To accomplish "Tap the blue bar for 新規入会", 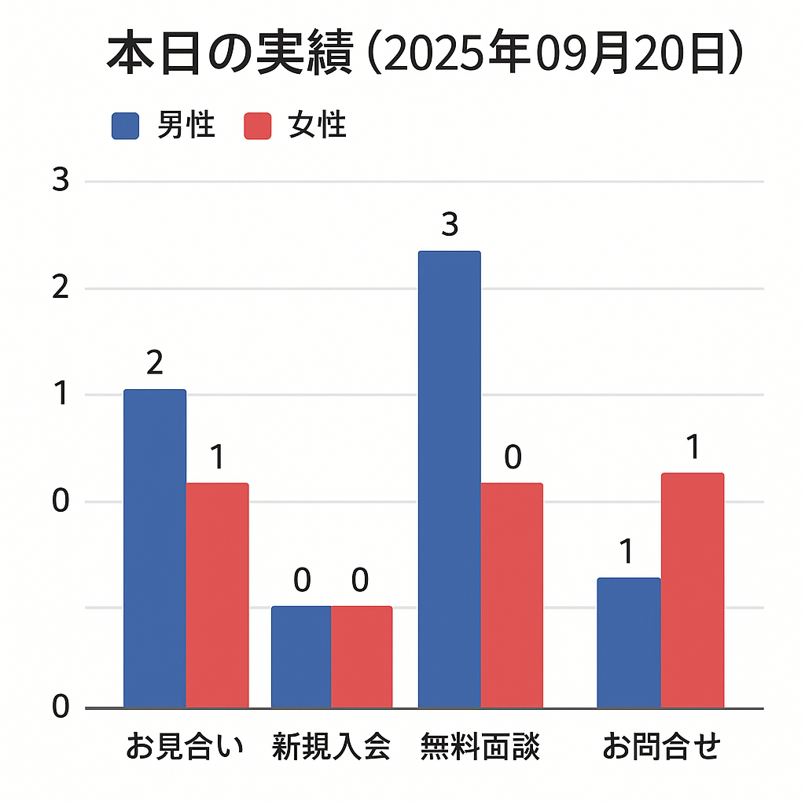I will pyautogui.click(x=301, y=656).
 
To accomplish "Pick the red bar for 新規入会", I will pyautogui.click(x=361, y=656).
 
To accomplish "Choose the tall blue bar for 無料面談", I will pyautogui.click(x=449, y=480).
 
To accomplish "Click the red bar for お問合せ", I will pyautogui.click(x=692, y=590).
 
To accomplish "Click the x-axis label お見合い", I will pyautogui.click(x=186, y=747).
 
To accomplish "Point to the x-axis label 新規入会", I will pyautogui.click(x=331, y=747).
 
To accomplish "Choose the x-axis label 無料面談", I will pyautogui.click(x=480, y=747).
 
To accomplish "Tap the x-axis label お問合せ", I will pyautogui.click(x=661, y=747).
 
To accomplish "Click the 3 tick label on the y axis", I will pyautogui.click(x=61, y=182).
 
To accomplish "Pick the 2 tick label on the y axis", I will pyautogui.click(x=61, y=289).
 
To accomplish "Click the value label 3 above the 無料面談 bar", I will pyautogui.click(x=449, y=226).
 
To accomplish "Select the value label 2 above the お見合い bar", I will pyautogui.click(x=155, y=363).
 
